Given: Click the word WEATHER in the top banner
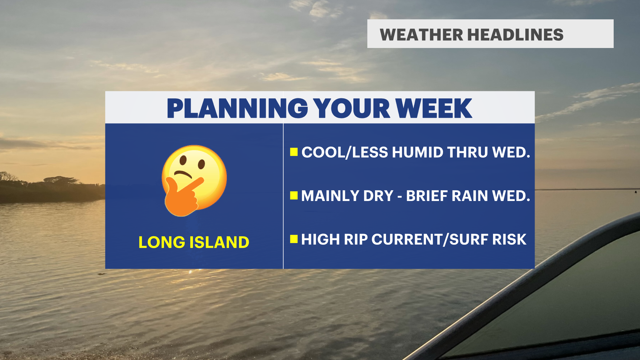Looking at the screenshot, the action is (x=421, y=35).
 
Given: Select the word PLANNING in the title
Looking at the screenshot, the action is (x=237, y=108).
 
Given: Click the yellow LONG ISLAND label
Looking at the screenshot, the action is (x=194, y=242).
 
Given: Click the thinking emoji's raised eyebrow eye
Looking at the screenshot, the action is (x=183, y=161).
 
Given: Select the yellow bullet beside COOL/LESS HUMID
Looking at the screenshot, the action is (x=294, y=152).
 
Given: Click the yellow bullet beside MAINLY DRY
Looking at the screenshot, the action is (x=294, y=196).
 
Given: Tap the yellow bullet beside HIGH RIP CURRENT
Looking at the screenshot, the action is (x=294, y=239).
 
